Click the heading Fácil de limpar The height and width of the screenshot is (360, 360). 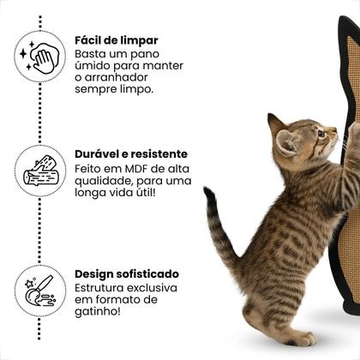pos(116,39)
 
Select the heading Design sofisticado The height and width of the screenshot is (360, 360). pos(127,273)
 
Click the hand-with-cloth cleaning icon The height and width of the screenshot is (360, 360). pos(39,56)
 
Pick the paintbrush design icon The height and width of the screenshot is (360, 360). pos(39,290)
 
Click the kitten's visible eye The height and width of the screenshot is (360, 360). pos(321,134)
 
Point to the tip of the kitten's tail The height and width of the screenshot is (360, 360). pos(208,192)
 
